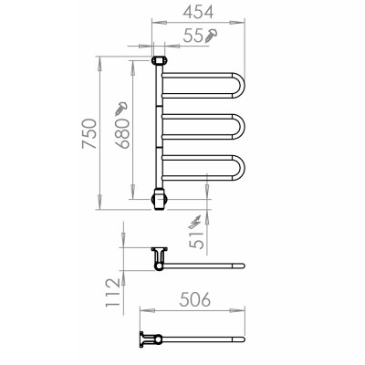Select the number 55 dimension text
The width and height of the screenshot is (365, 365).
click(x=193, y=39)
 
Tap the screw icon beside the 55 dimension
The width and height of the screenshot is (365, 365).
click(x=212, y=37)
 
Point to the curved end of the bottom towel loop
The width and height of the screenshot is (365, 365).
click(x=241, y=168)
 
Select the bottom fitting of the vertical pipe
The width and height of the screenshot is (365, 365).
click(x=159, y=196)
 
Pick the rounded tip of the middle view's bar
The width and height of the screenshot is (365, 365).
click(x=243, y=266)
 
